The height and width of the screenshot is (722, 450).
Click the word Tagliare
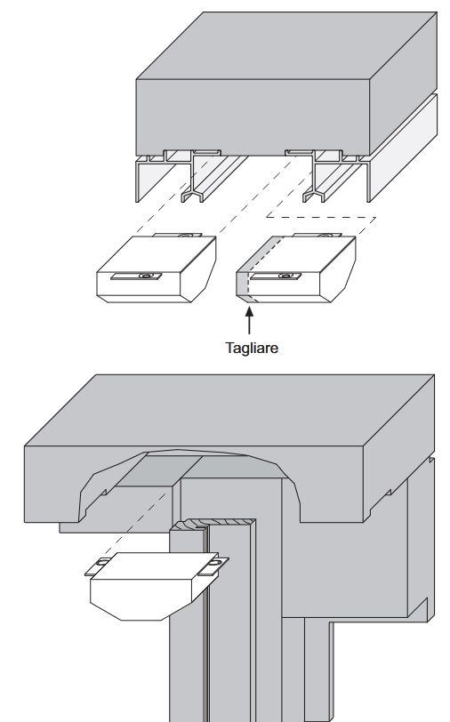[252, 348]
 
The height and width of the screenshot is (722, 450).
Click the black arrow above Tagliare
[249, 320]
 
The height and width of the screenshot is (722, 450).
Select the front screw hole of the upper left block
[146, 276]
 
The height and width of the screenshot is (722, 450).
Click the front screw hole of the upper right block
[285, 276]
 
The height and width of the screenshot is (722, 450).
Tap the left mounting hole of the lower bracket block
[102, 562]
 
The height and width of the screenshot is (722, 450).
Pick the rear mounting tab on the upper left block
[177, 235]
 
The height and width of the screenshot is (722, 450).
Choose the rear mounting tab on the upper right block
[317, 235]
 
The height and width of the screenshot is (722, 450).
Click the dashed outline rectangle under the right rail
[322, 217]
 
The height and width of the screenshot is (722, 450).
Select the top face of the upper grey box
[286, 46]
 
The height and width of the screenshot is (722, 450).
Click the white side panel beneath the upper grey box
[404, 148]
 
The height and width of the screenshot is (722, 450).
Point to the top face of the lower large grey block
[229, 410]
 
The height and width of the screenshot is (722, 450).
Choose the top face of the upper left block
[157, 254]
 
